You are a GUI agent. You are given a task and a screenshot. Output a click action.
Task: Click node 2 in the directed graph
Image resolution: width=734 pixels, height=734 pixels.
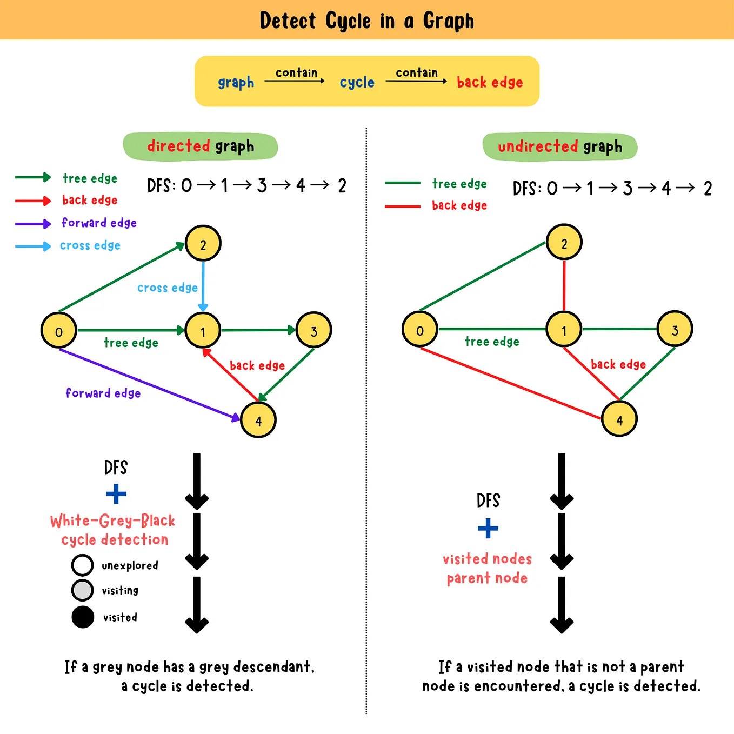(203, 244)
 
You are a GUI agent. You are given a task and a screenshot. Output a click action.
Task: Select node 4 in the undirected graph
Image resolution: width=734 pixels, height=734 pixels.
(619, 419)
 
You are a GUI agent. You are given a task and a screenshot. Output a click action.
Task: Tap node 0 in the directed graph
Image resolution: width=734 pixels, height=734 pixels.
(59, 330)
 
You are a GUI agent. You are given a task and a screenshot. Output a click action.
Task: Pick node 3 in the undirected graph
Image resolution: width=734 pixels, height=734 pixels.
(675, 329)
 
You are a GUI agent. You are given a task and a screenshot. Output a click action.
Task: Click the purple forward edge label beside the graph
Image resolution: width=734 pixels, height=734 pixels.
(103, 393)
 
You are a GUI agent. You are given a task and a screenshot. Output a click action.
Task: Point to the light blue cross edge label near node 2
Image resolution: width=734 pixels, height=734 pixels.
(168, 288)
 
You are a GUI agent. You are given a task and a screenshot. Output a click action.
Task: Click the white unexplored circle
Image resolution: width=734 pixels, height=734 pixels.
(83, 565)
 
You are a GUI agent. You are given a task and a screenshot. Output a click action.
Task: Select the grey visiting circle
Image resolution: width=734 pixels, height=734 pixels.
(83, 590)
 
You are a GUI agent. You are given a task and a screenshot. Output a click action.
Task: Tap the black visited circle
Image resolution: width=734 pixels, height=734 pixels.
(83, 617)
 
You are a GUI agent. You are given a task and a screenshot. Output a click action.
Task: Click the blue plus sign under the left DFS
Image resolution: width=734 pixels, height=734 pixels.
(116, 494)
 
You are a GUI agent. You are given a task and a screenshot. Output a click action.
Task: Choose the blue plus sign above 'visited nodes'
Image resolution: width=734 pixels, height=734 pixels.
(488, 528)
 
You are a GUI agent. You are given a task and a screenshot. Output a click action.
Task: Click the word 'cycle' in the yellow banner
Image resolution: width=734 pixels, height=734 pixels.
(357, 82)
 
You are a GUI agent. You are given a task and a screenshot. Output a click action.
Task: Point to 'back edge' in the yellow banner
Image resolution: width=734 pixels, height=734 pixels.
(490, 82)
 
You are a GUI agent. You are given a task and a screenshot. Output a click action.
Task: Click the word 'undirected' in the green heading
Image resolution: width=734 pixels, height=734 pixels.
(538, 146)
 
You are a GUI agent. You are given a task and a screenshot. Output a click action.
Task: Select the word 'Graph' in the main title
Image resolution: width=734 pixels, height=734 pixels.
(448, 21)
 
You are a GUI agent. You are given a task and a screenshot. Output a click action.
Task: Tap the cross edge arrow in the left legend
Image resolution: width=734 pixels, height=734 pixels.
(33, 246)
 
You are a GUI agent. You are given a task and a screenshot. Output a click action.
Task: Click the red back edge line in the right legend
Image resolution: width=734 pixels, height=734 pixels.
(403, 206)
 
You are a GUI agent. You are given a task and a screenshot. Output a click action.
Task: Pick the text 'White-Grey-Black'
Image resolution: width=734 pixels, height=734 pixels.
(112, 521)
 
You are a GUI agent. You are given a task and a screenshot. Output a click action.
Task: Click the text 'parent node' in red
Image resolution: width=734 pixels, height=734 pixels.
(487, 578)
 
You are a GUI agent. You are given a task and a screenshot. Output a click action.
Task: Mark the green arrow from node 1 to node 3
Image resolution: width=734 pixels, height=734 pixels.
(258, 330)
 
